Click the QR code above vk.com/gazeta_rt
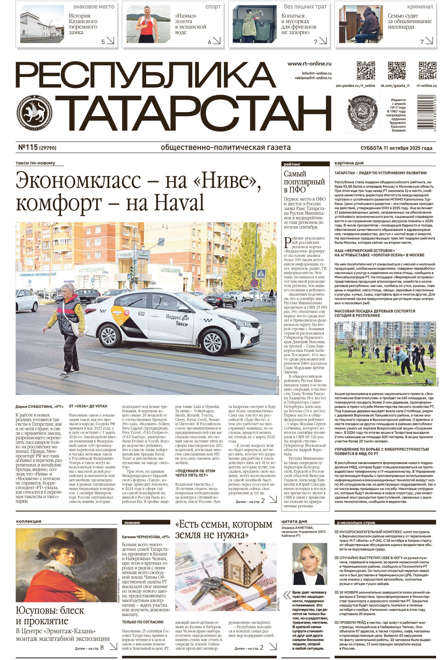(397, 70)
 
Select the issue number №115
(28, 148)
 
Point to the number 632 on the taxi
(141, 313)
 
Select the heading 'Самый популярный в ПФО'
(304, 182)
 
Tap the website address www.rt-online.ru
(309, 64)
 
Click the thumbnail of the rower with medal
(148, 24)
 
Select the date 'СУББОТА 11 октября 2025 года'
(396, 148)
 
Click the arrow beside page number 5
(110, 41)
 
